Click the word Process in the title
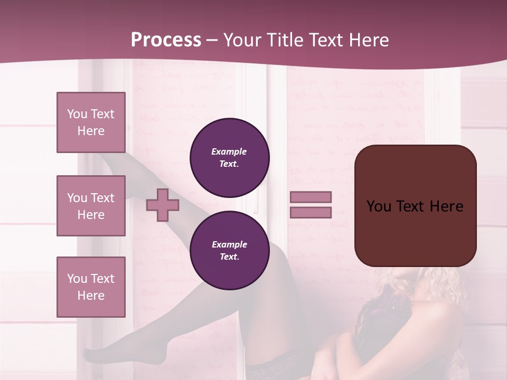point(166,40)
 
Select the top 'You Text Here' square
point(91,122)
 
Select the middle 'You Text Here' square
point(91,206)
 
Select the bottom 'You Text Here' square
point(91,287)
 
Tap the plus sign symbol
point(163,205)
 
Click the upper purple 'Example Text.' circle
point(229,158)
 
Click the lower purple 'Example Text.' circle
point(229,250)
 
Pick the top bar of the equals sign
point(311,197)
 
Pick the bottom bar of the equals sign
point(311,212)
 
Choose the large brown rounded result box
point(415,205)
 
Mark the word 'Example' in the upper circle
point(229,151)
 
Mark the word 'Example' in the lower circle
point(229,244)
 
